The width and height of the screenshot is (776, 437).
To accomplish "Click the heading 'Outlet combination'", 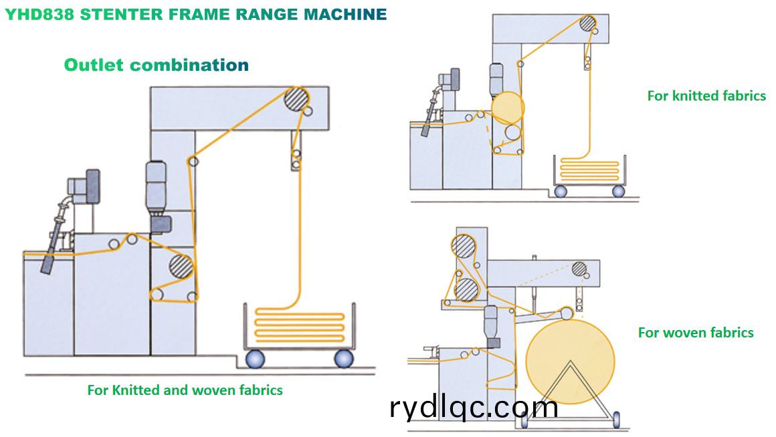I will point(156,65).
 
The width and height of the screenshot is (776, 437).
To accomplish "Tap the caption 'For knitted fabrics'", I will point(706,96).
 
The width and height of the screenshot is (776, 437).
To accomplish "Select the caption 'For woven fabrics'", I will point(696,332).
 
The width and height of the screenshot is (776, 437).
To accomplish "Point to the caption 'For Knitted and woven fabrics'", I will point(185,390).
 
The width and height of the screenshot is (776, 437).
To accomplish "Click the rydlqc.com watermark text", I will point(473,407).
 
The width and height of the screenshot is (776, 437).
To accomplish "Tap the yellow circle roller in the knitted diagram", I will point(508,107).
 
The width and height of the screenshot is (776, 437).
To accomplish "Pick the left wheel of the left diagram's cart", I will point(255,359).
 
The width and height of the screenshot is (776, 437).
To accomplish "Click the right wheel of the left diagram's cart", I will point(344,359).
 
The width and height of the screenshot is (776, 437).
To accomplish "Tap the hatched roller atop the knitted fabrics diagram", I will point(588,23).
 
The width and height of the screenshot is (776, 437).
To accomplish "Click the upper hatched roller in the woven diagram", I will point(464,247).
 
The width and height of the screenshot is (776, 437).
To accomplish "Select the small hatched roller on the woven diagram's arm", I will point(579,269).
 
